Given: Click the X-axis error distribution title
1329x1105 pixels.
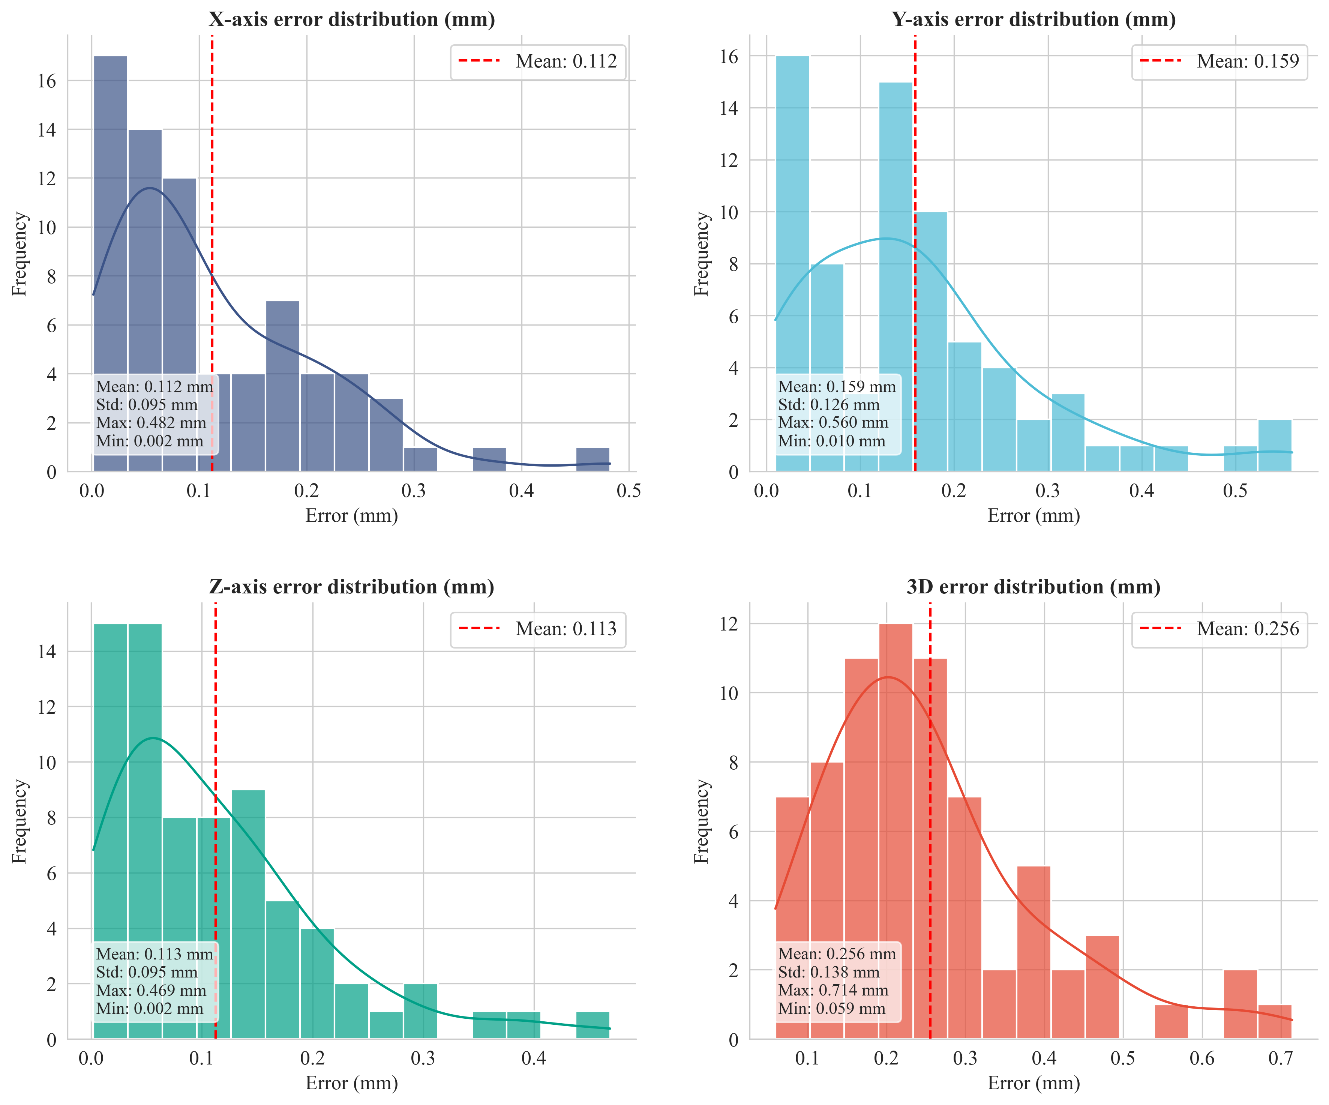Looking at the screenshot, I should [x=352, y=20].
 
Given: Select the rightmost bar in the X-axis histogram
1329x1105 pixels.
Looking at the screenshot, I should [x=592, y=459].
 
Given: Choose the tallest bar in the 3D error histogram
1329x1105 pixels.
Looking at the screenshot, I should [x=895, y=823].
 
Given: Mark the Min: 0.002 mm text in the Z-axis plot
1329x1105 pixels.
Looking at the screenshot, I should [x=149, y=1009].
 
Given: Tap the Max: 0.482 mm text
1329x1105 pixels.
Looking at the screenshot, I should [x=151, y=423].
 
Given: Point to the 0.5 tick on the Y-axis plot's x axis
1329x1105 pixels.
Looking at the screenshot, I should [x=1235, y=491].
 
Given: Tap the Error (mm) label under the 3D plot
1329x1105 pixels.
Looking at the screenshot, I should [x=1033, y=1084].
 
